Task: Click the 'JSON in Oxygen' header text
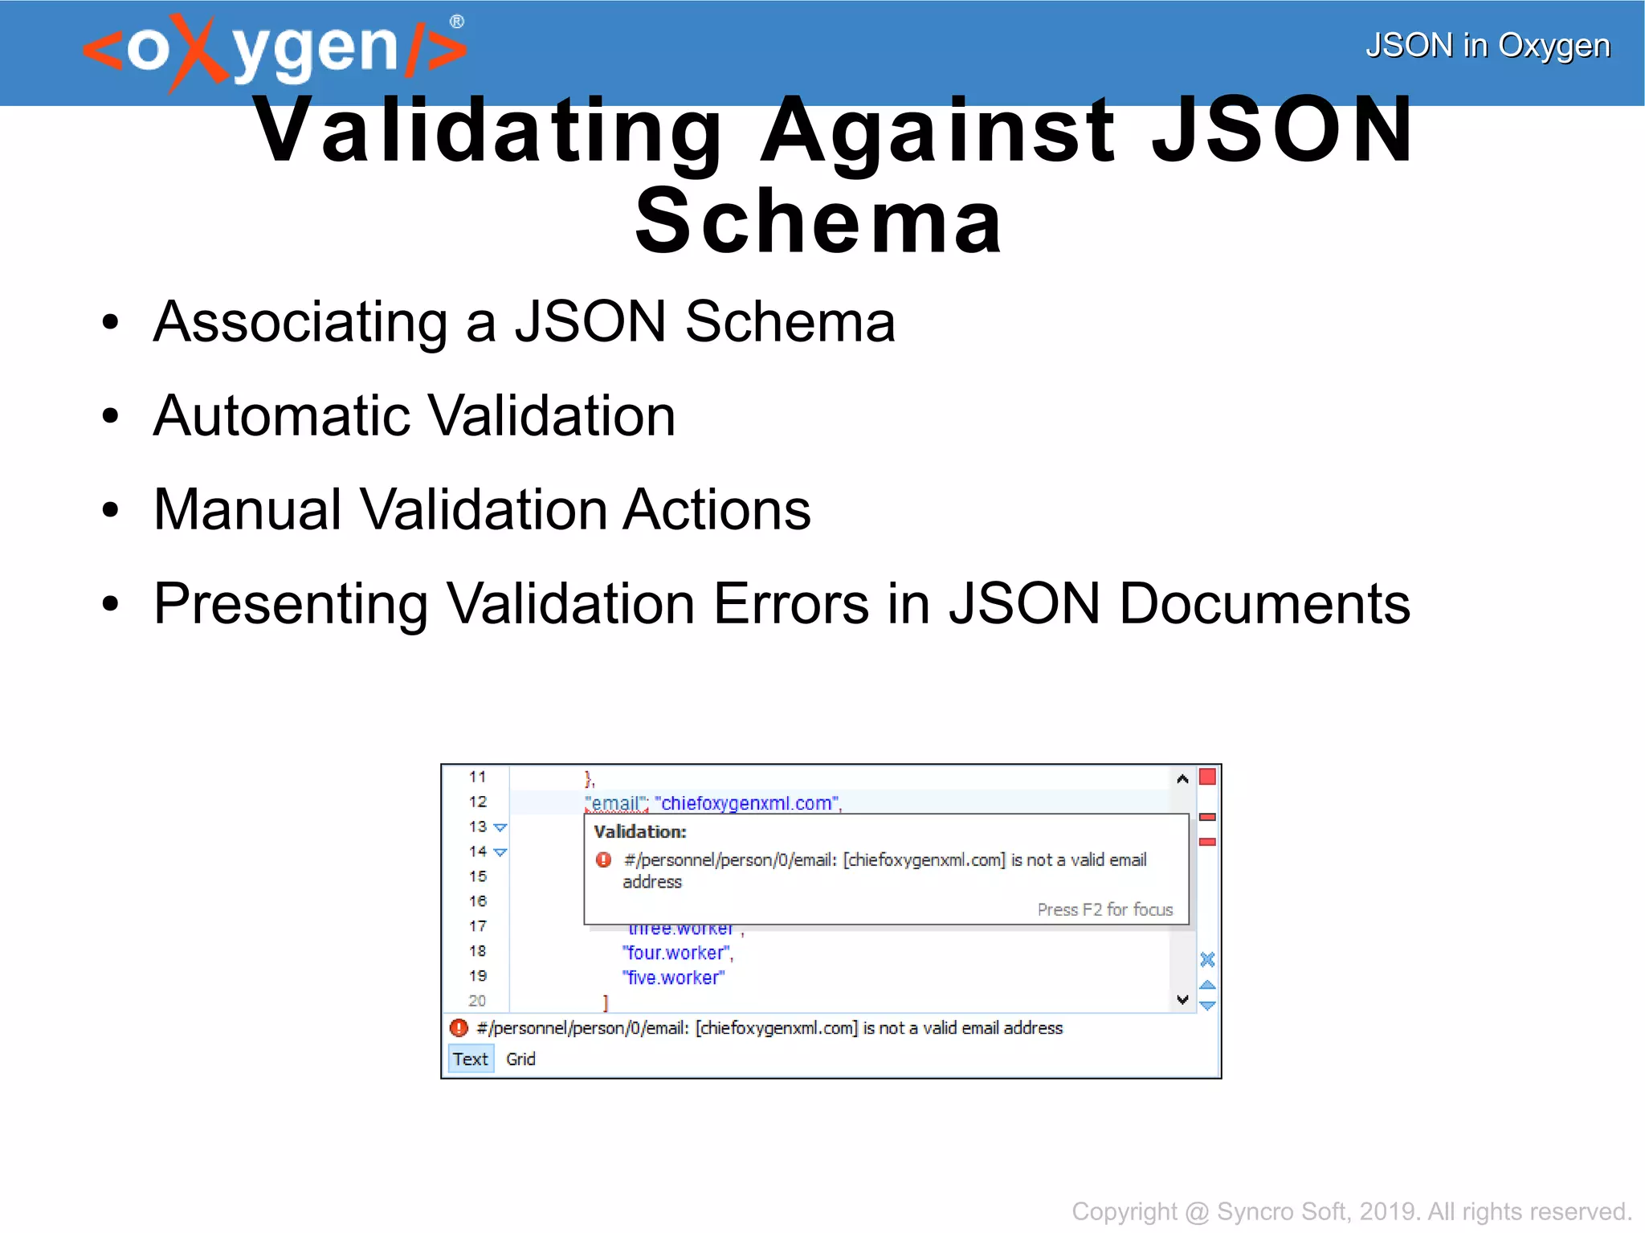(x=1488, y=46)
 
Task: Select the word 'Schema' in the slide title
(x=818, y=222)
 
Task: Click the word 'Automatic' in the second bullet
(x=283, y=416)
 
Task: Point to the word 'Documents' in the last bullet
(x=1264, y=604)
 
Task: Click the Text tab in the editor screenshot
(x=470, y=1059)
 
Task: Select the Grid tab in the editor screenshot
(x=520, y=1059)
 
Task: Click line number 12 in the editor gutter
(x=478, y=802)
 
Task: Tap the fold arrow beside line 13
(x=500, y=827)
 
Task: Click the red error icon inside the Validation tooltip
(x=604, y=860)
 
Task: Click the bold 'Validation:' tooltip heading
(x=640, y=831)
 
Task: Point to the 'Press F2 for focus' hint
(x=1104, y=909)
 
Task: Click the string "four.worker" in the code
(x=676, y=953)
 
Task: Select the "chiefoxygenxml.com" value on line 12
(x=747, y=803)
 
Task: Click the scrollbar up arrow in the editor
(x=1182, y=778)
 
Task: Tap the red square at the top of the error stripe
(x=1207, y=777)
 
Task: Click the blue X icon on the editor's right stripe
(x=1207, y=959)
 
